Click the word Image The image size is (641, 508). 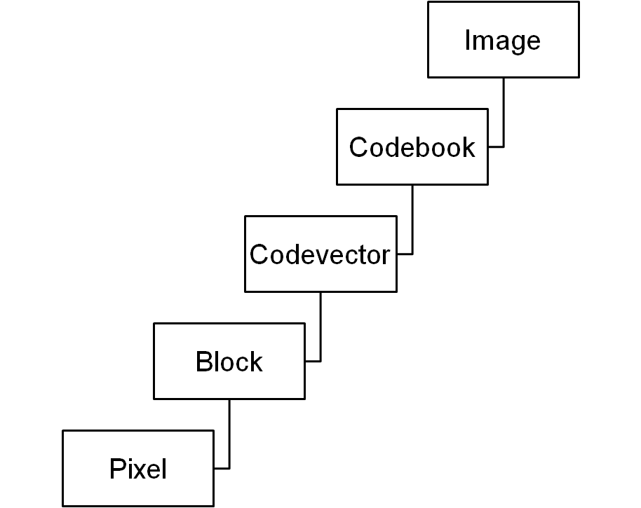(502, 41)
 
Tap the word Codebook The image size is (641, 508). (412, 148)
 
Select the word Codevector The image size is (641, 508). (320, 255)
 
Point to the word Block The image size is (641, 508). (229, 362)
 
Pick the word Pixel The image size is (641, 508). (138, 469)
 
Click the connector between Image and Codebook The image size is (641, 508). (503, 112)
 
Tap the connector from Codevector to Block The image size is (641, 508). (320, 327)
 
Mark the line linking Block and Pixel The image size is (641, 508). (229, 434)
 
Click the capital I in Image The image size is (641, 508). (467, 41)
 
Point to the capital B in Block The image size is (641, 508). (203, 362)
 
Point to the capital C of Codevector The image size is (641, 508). (259, 255)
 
